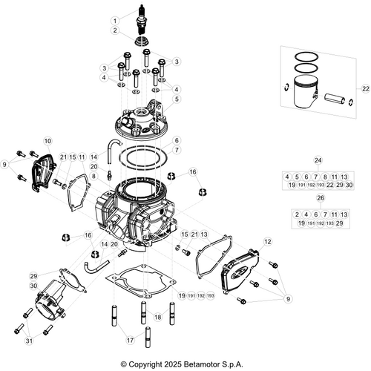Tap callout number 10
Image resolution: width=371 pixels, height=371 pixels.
(47, 140)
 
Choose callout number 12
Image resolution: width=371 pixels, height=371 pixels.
(267, 242)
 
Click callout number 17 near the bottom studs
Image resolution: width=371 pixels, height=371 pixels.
(129, 341)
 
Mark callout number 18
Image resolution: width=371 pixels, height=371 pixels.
(157, 317)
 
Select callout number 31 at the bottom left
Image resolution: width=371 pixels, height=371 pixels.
(29, 341)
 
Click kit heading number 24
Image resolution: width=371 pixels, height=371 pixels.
(319, 161)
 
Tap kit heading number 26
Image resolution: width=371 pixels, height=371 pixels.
(319, 198)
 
